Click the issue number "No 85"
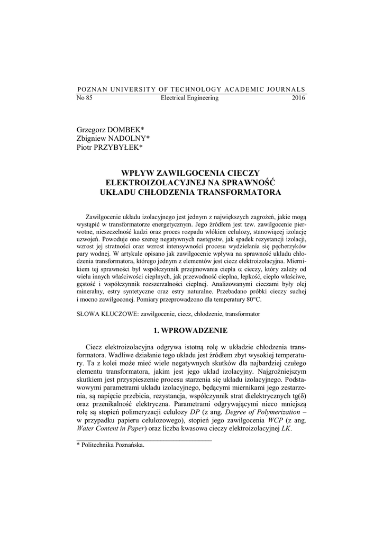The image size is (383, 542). pyautogui.click(x=85, y=98)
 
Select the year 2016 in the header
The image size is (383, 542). pyautogui.click(x=298, y=98)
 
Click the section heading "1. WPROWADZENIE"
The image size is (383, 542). pyautogui.click(x=190, y=331)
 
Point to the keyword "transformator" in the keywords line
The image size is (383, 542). pyautogui.click(x=242, y=314)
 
